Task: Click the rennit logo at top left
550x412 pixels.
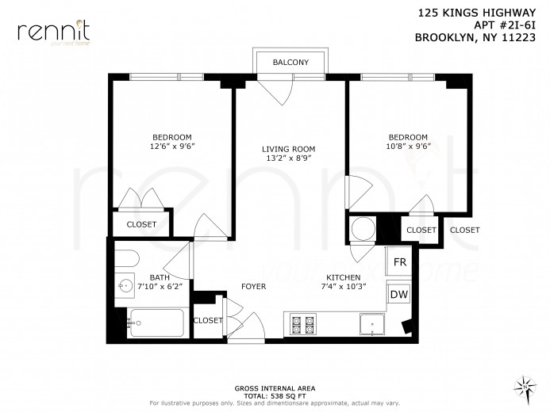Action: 53,32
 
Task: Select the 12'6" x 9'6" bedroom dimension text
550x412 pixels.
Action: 172,147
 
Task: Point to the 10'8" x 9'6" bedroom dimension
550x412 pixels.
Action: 407,147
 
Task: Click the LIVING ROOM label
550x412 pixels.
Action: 289,149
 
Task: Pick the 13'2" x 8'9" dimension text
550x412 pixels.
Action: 289,158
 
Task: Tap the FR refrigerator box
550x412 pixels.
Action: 399,262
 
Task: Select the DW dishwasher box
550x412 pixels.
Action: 399,295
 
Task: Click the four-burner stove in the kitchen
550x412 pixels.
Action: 303,325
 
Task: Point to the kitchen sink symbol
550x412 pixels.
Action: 371,325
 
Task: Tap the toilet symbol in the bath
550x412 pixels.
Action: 127,259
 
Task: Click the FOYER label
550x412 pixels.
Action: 253,286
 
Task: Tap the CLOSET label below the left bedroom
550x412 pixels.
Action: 141,224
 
